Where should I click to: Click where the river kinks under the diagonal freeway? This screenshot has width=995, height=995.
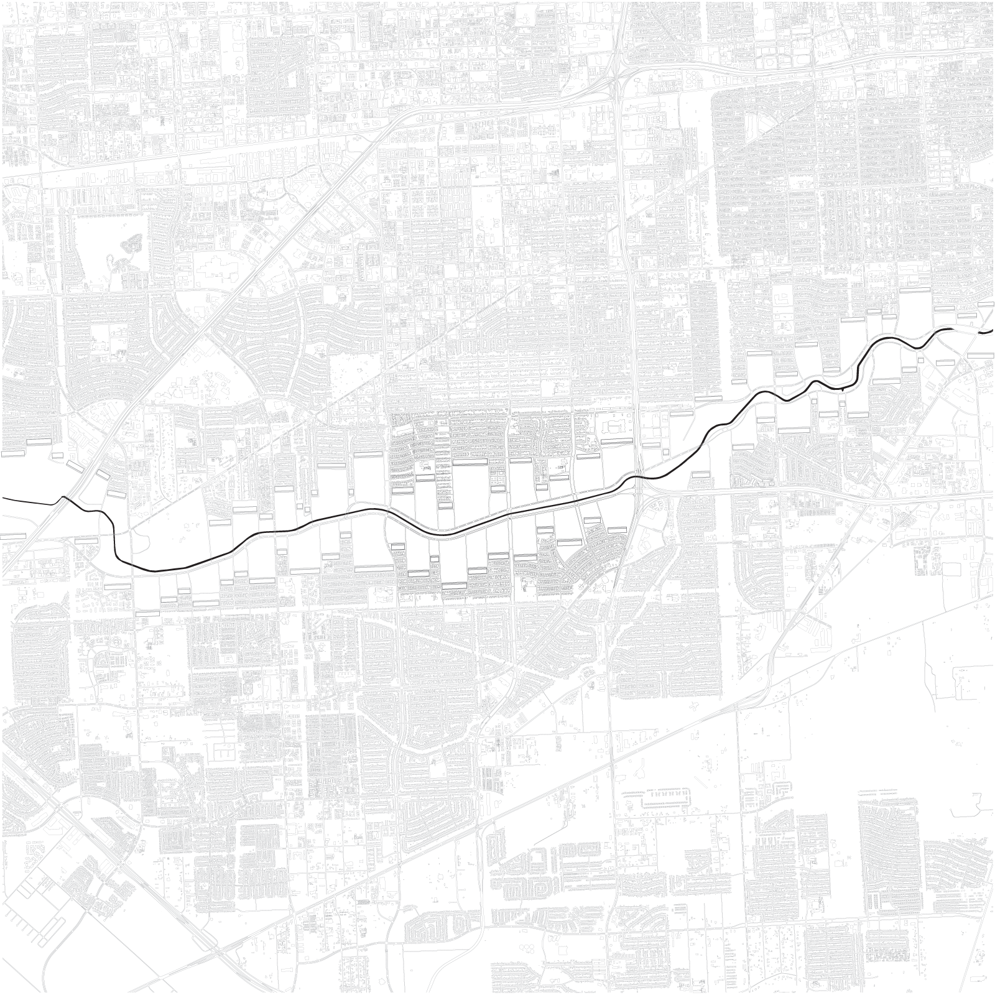[63, 497]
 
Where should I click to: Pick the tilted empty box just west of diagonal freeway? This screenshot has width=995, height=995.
[75, 466]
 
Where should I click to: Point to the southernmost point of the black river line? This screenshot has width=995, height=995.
[155, 570]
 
